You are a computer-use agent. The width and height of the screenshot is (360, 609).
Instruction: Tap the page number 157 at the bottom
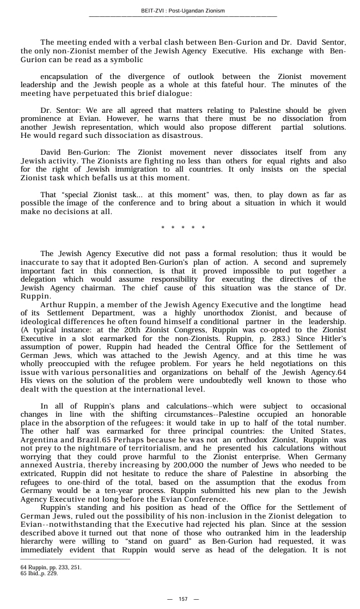click(x=183, y=599)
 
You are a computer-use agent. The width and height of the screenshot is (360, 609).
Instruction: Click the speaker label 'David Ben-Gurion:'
click(x=77, y=153)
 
